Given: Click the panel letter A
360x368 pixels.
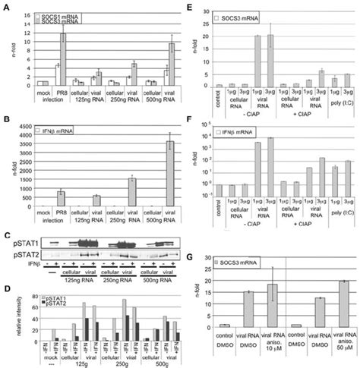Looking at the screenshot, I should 5,7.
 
